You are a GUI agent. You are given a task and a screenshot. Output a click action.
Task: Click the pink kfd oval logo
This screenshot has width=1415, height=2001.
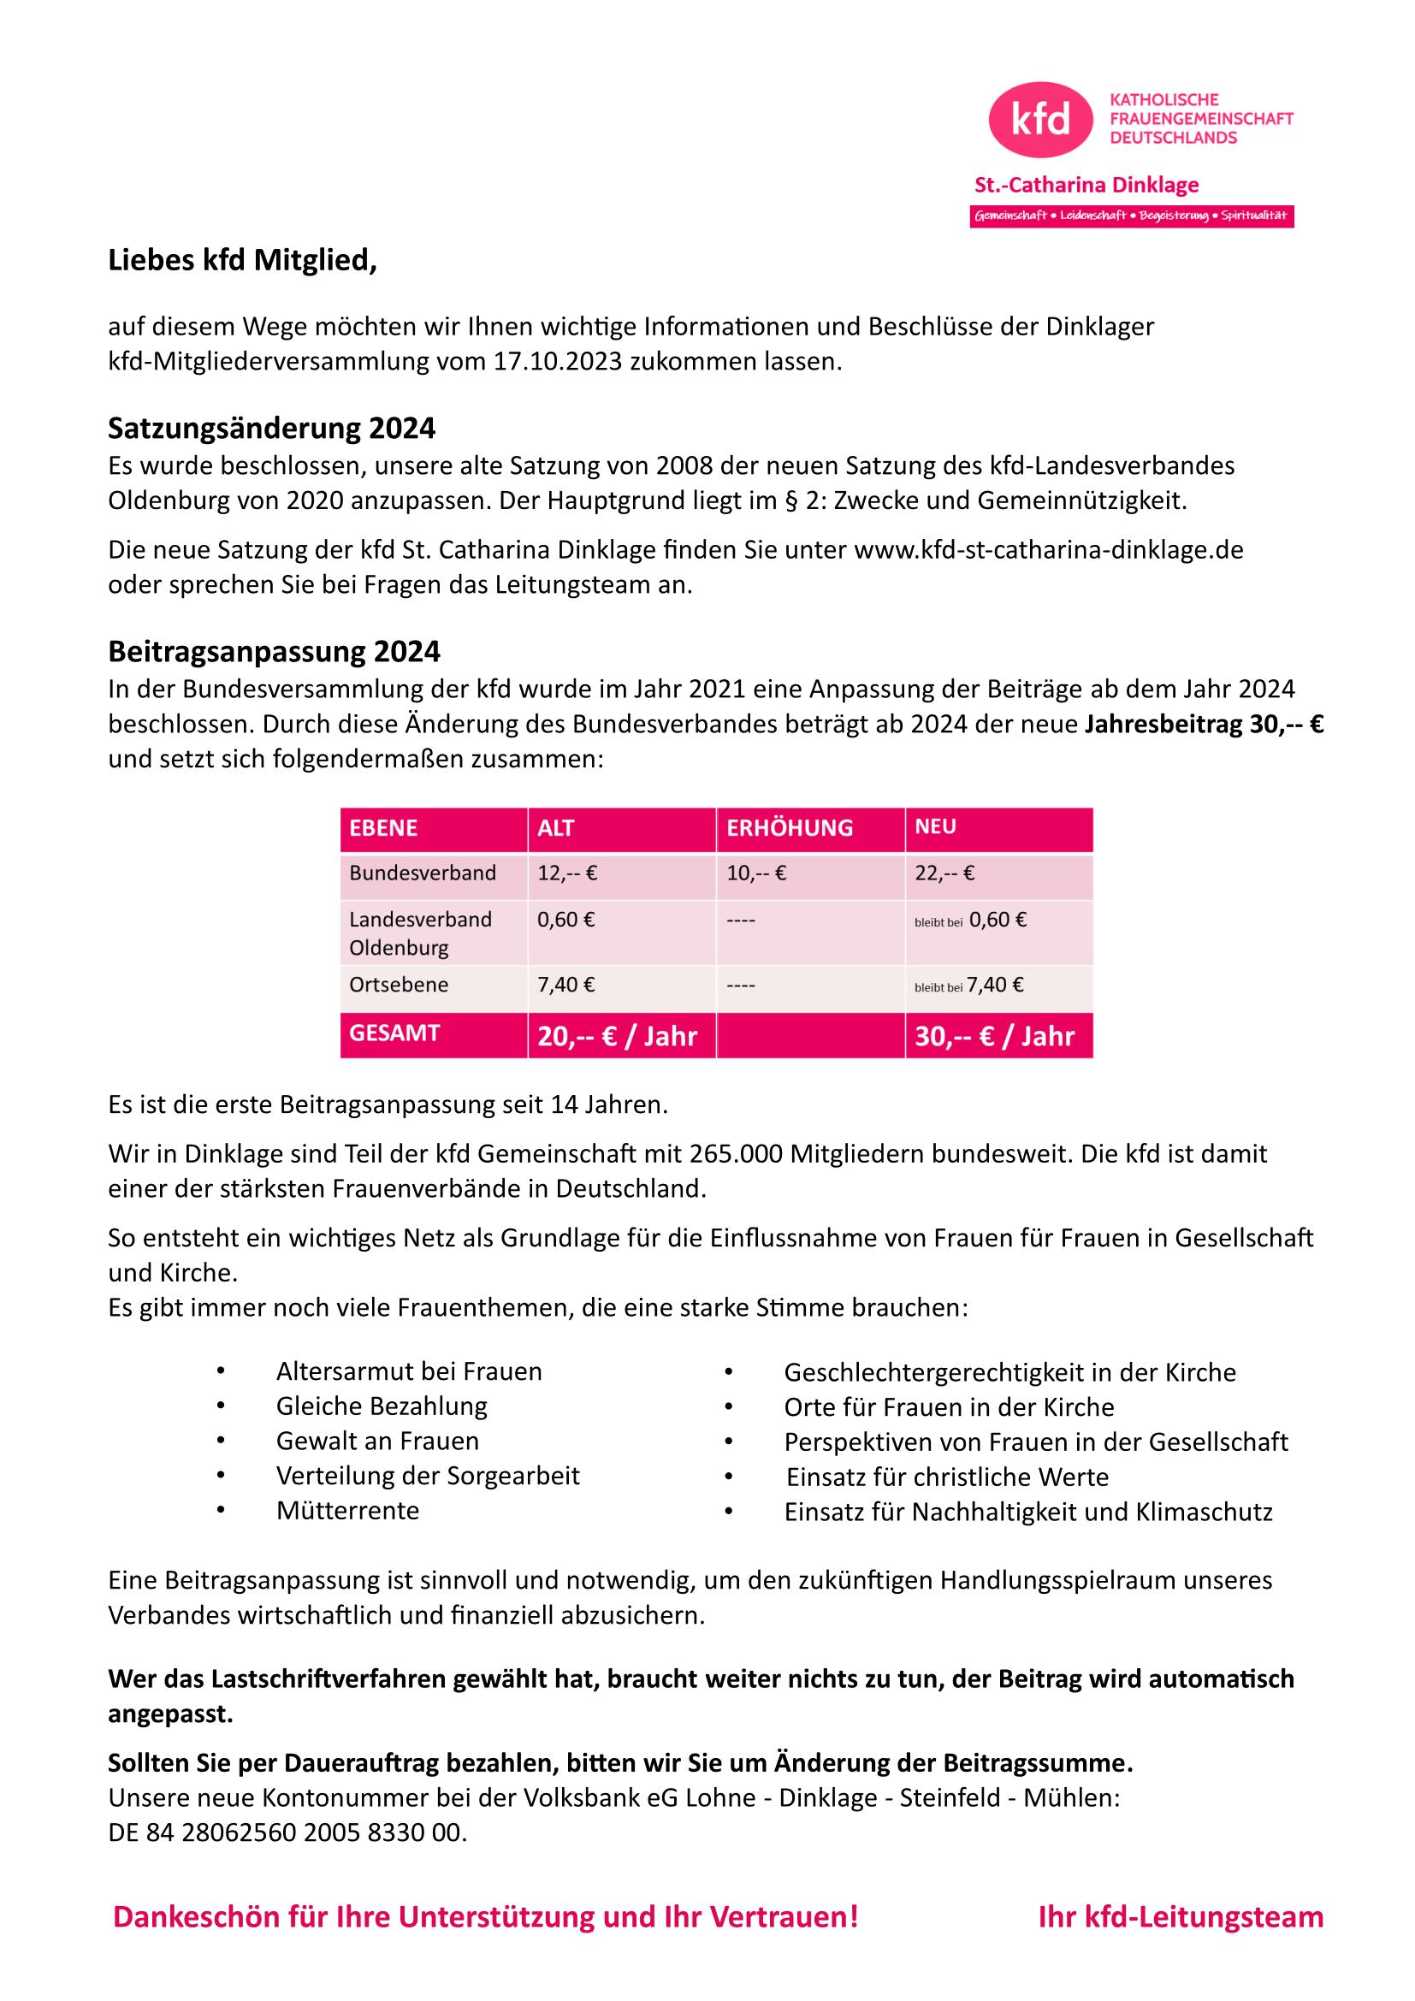pos(1040,120)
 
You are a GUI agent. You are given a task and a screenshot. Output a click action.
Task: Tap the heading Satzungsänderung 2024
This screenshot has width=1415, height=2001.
pos(272,429)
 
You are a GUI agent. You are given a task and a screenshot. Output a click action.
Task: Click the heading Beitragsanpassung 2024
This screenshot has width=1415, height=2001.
pos(275,651)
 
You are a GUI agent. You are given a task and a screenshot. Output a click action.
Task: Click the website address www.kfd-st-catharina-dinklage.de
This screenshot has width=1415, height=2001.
pos(1048,550)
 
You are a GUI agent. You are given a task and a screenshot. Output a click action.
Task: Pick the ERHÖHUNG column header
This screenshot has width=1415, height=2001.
pos(790,828)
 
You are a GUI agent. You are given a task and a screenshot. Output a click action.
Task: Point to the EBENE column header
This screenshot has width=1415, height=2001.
pos(383,828)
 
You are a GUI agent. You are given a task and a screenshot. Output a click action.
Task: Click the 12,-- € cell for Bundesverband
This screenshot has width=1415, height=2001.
pos(567,873)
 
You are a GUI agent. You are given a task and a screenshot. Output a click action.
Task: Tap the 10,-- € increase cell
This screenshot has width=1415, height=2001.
pos(756,873)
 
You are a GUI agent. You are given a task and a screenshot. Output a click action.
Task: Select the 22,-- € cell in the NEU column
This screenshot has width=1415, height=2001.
pos(944,873)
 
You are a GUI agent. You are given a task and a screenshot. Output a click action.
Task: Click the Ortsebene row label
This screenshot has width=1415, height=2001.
pos(399,985)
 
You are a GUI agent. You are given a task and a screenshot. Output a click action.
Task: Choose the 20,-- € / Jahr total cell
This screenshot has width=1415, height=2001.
pos(617,1036)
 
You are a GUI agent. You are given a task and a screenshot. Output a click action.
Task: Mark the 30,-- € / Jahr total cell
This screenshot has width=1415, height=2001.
pos(994,1036)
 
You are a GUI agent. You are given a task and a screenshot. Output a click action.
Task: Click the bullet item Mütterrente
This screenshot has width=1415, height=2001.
pos(347,1510)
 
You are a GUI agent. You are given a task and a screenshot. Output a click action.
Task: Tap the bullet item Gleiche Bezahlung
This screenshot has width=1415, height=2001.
pos(382,1406)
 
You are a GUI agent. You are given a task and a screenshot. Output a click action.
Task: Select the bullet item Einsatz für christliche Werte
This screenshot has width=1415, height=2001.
pos(947,1477)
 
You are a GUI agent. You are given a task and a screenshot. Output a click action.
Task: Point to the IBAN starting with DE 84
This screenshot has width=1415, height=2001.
pos(287,1832)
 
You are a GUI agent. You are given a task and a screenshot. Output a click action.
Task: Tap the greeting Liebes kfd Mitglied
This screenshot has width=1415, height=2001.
pos(242,261)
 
